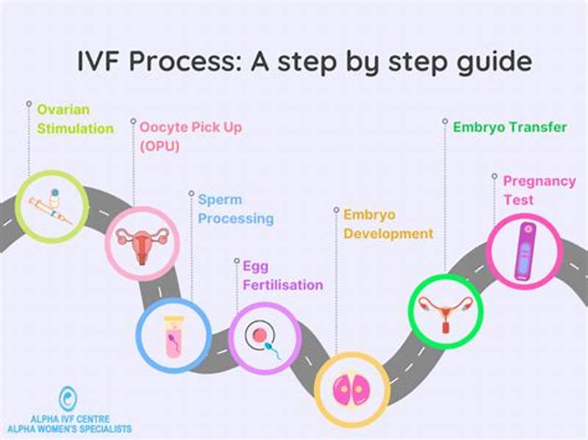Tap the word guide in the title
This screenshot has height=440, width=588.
[488, 62]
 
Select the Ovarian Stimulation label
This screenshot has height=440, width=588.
[75, 119]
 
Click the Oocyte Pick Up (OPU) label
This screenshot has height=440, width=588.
[190, 136]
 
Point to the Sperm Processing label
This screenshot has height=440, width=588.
[235, 209]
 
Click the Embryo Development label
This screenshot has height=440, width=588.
[388, 224]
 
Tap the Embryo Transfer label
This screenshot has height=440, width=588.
[509, 127]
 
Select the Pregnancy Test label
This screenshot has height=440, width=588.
[528, 190]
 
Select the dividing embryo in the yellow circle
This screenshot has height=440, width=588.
[351, 389]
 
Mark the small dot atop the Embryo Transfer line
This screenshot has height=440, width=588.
[445, 120]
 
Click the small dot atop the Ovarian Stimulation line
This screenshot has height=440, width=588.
[29, 104]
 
